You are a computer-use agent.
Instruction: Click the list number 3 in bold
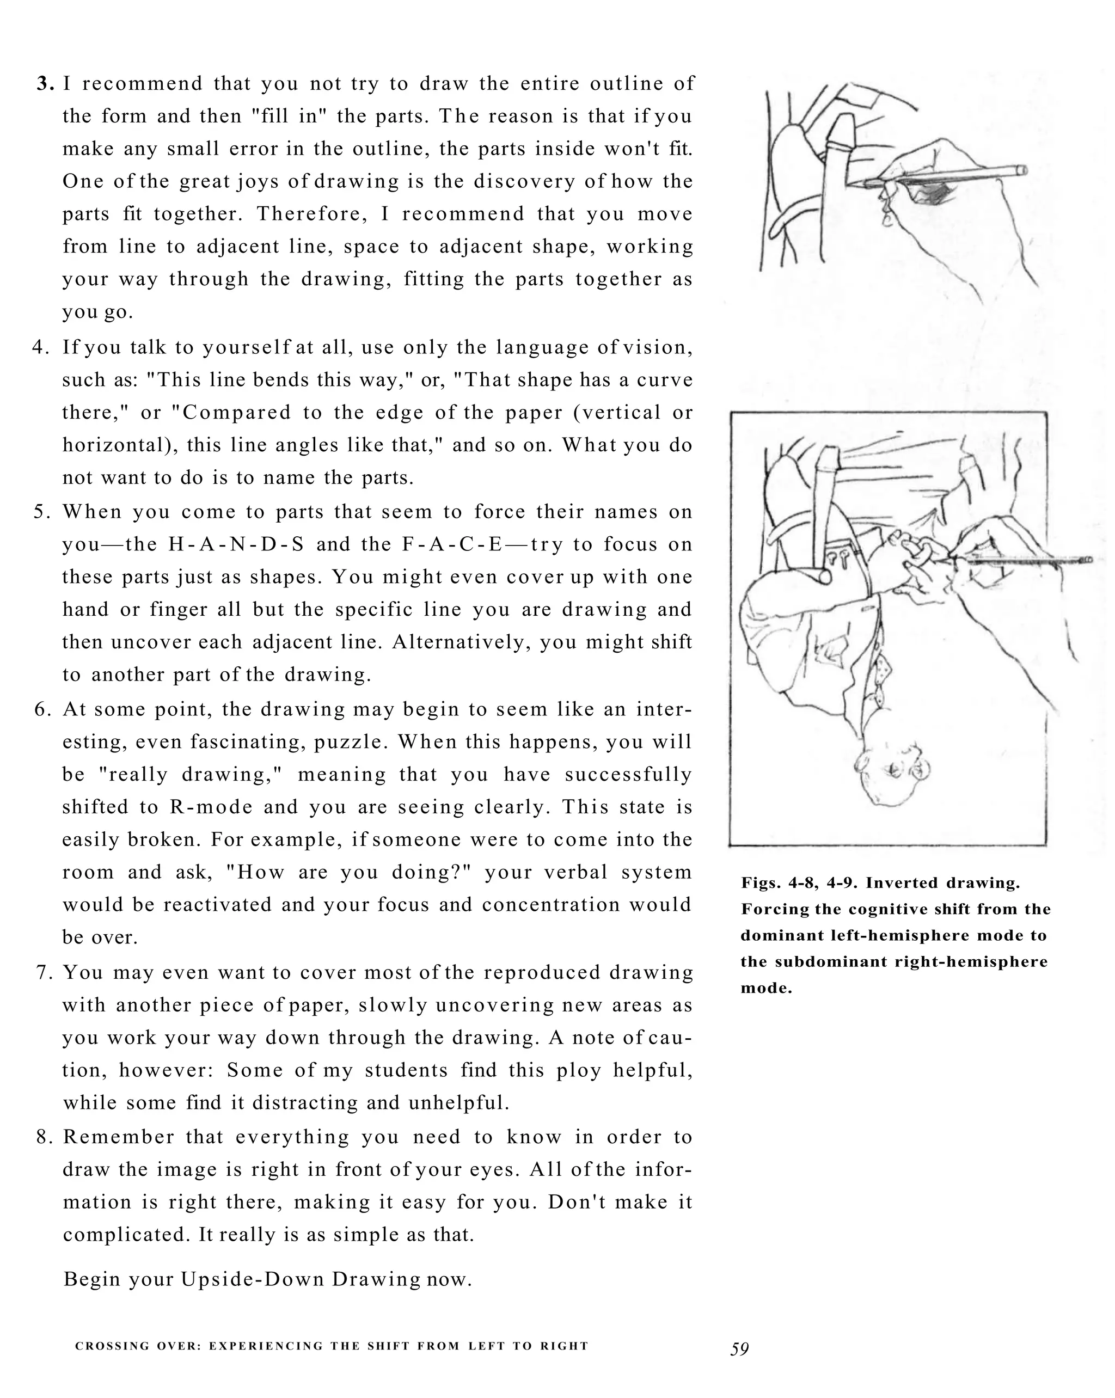coord(45,84)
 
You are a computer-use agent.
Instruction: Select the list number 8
coord(44,1137)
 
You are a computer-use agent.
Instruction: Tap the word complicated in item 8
coord(123,1235)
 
